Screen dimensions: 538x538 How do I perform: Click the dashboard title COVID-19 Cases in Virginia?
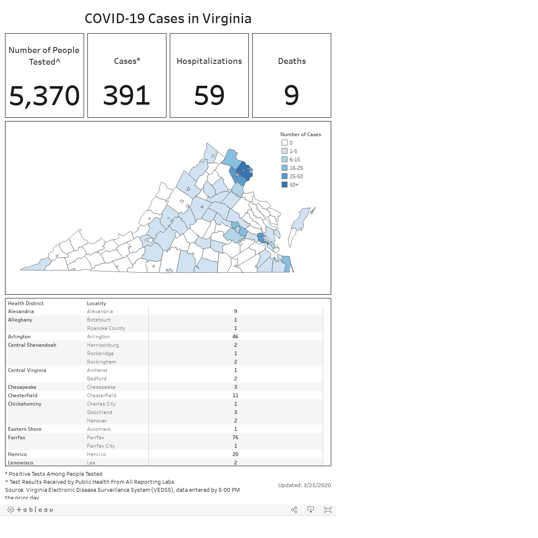168,19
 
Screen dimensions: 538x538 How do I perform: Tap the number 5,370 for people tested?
45,96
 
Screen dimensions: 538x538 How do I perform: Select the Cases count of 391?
127,95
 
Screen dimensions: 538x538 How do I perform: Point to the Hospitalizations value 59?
209,95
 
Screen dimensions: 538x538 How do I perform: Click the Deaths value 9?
291,95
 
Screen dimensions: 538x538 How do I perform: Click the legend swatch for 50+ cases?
285,185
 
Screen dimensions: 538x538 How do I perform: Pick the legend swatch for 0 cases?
285,142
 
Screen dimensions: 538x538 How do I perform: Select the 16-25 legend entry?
292,168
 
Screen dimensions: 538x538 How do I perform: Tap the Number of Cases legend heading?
301,134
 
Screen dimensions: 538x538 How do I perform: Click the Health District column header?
26,303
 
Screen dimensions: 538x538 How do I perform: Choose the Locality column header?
96,303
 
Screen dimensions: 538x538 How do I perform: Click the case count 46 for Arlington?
235,336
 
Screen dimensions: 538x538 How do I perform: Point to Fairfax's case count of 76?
235,437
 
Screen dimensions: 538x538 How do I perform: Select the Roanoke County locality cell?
106,328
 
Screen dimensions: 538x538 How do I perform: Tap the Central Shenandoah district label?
32,345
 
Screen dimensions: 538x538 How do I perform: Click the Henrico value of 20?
235,454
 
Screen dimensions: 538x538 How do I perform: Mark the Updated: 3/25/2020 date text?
305,485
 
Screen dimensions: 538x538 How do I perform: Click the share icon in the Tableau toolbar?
294,509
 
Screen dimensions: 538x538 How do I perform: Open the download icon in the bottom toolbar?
311,509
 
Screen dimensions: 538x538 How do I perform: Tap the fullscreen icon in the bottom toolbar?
328,509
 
